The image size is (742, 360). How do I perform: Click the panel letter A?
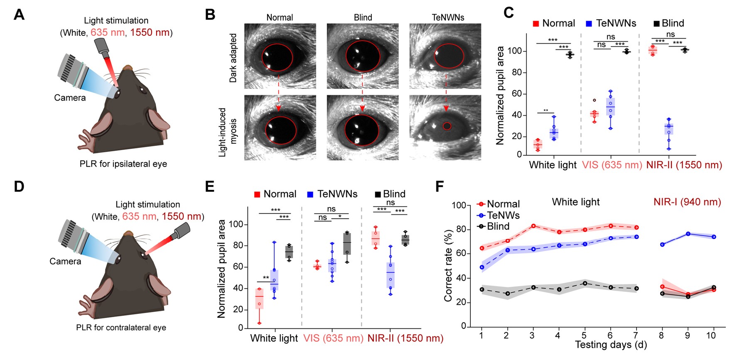tap(19, 15)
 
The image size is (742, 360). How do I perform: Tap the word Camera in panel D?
tap(65, 261)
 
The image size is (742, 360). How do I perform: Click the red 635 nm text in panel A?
tap(107, 32)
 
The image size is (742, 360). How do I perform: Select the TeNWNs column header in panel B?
tap(448, 17)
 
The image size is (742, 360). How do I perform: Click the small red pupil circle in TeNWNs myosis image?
tap(447, 126)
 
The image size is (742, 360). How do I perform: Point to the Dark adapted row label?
tap(233, 58)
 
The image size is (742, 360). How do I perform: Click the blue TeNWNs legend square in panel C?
tap(589, 24)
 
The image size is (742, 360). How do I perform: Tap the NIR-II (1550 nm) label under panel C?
tap(684, 165)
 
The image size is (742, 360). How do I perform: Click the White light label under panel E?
tap(274, 338)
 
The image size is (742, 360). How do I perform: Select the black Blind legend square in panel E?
tap(378, 194)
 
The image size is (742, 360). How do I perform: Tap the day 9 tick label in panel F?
tap(687, 335)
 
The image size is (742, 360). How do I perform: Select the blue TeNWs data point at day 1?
tap(482, 267)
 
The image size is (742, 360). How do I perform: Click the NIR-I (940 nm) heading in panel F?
tap(687, 202)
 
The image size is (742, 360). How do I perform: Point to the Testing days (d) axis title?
tap(611, 345)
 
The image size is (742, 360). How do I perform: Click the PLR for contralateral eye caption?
tap(121, 328)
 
